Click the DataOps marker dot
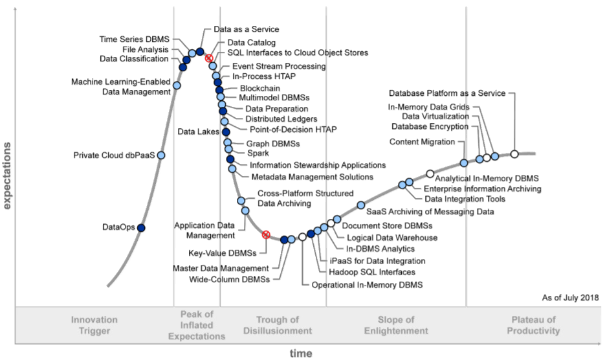tap(141, 227)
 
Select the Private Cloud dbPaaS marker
tap(161, 155)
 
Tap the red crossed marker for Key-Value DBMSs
tap(265, 234)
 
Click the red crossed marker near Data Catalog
tap(209, 58)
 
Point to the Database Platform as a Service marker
tap(514, 154)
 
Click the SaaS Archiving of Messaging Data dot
tap(361, 205)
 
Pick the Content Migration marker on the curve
tap(464, 163)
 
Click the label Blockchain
tap(260, 88)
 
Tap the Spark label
tap(258, 153)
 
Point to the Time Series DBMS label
tap(136, 39)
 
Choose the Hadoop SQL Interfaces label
tap(372, 273)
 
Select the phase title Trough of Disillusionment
tap(278, 325)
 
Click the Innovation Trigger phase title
tap(94, 325)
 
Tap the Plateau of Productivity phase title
tap(534, 325)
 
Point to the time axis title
tap(301, 354)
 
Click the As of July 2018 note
tap(569, 297)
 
